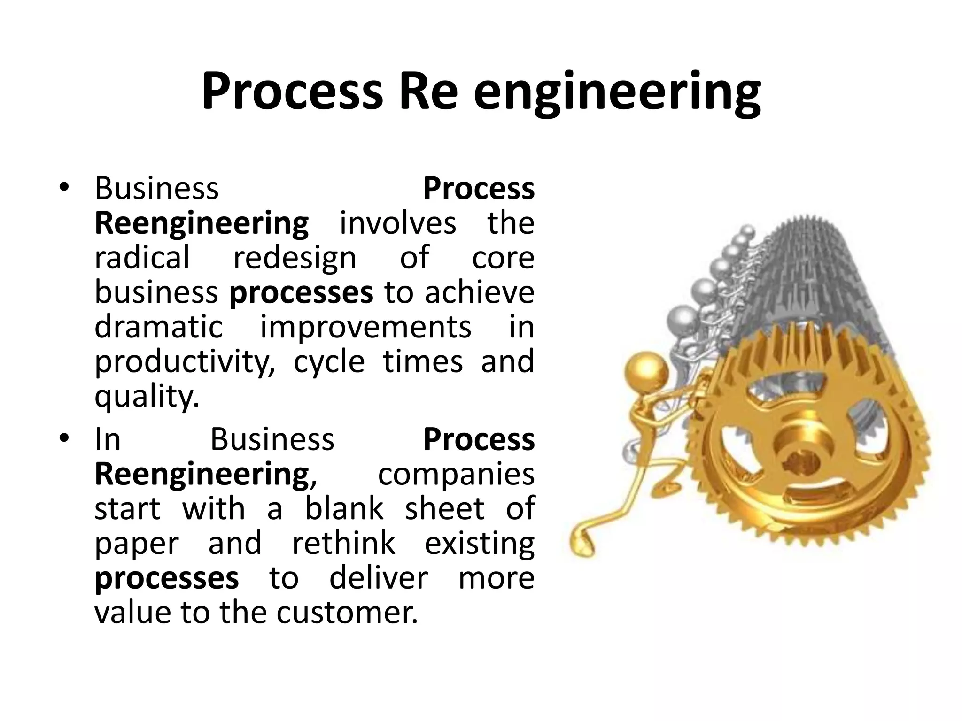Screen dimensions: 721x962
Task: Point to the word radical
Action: pyautogui.click(x=142, y=257)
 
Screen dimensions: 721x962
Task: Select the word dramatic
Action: pyautogui.click(x=159, y=327)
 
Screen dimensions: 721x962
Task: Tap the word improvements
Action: pyautogui.click(x=366, y=328)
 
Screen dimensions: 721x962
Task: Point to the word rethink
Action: pyautogui.click(x=344, y=543)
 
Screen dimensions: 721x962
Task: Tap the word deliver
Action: pyautogui.click(x=379, y=578)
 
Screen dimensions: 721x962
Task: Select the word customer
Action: pyautogui.click(x=347, y=613)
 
